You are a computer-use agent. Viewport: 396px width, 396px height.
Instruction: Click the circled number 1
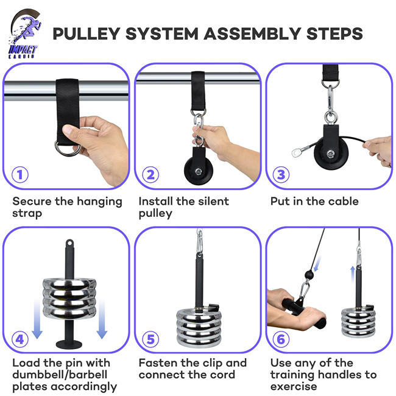[21, 175]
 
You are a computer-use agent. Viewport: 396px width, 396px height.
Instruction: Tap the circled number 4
[21, 338]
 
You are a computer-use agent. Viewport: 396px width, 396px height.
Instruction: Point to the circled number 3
[281, 175]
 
